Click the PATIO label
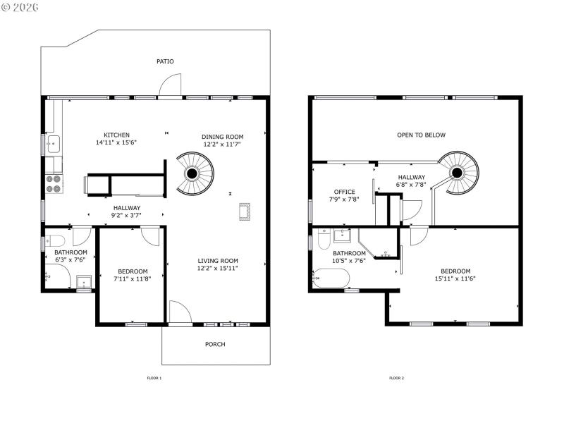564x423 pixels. click(x=165, y=61)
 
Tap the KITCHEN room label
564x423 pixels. click(x=116, y=135)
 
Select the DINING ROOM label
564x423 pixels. click(x=222, y=137)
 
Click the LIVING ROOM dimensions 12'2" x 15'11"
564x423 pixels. click(x=218, y=269)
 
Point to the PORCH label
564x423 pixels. click(x=215, y=344)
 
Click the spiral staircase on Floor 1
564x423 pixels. click(x=192, y=173)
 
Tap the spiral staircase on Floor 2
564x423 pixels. click(x=457, y=171)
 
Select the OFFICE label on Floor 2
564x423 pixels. click(x=345, y=192)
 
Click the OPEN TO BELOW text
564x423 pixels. click(x=421, y=135)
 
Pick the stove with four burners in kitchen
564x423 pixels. click(x=54, y=183)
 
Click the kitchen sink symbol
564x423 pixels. click(x=53, y=145)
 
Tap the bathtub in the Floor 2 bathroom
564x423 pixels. click(x=330, y=280)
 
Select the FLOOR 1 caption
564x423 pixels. click(x=154, y=378)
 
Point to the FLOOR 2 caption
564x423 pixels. click(x=396, y=378)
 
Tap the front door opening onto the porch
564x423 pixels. click(x=179, y=314)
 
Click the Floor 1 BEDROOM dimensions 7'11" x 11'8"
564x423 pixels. click(x=133, y=278)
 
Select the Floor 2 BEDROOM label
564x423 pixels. click(x=455, y=271)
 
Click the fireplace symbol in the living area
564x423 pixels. click(x=245, y=212)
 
